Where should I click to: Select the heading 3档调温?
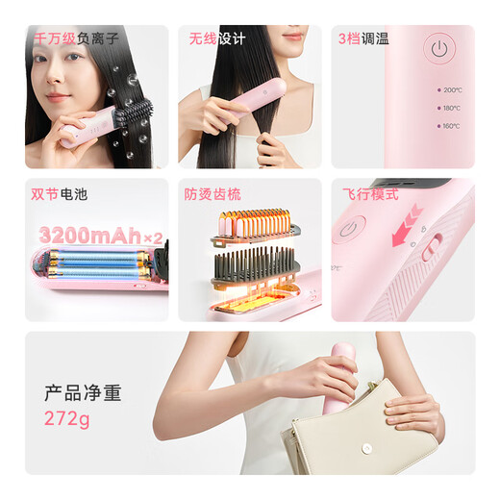click(x=362, y=39)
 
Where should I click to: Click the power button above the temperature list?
click(x=438, y=48)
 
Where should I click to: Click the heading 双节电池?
click(x=59, y=194)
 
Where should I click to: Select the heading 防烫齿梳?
click(x=212, y=194)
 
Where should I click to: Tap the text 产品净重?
click(x=83, y=392)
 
